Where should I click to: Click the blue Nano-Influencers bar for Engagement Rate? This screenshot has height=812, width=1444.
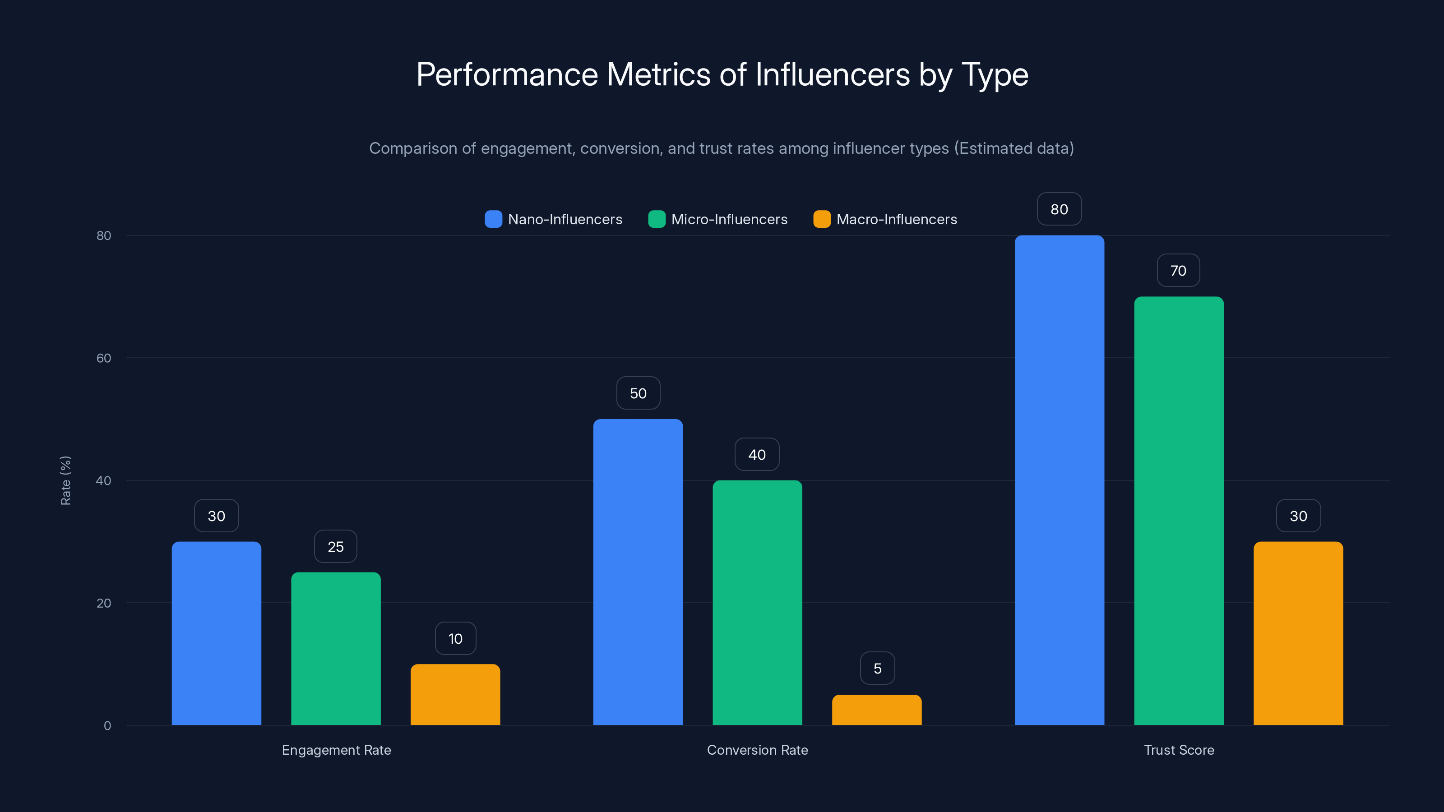[x=217, y=633]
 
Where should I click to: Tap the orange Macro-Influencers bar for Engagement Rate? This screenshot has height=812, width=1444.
[x=455, y=694]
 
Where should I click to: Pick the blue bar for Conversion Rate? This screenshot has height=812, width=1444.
[x=638, y=572]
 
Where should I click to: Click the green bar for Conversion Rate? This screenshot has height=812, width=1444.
[x=757, y=602]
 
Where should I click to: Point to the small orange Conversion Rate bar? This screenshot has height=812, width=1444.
[x=877, y=710]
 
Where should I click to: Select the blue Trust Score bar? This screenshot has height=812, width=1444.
[x=1060, y=480]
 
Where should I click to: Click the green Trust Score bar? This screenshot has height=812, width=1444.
[x=1179, y=511]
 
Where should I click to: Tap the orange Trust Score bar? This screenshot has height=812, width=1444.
[x=1298, y=633]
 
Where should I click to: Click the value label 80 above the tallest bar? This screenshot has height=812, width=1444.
[x=1059, y=209]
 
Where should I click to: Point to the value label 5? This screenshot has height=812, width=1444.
[x=877, y=668]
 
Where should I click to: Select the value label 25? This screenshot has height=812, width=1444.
[x=335, y=546]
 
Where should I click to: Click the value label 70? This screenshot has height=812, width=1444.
[x=1178, y=271]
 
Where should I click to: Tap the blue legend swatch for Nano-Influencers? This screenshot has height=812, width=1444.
[x=493, y=219]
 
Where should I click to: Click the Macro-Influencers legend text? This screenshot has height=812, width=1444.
[x=896, y=219]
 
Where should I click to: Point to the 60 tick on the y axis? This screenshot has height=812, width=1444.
[x=104, y=358]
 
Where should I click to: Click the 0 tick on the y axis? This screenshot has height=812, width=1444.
[x=107, y=726]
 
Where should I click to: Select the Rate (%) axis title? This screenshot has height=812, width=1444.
[x=65, y=480]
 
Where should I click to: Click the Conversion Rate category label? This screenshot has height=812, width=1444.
[x=757, y=750]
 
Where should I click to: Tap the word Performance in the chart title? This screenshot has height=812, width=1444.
[x=507, y=74]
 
